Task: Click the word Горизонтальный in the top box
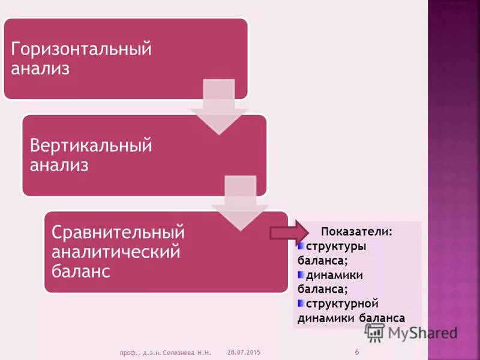[x=81, y=49]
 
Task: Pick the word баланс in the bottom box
[x=81, y=271]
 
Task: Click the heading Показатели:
[x=356, y=232]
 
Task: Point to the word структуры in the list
[x=336, y=247]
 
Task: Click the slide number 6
[x=357, y=351]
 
